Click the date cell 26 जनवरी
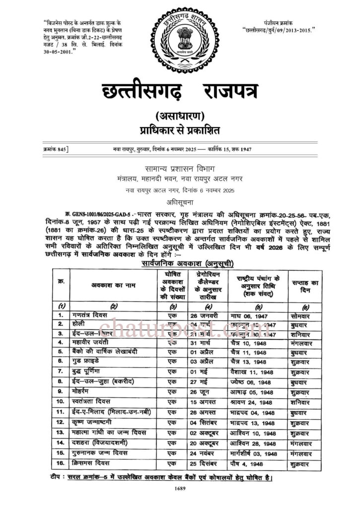pos(204,315)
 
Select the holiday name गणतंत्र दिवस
pos(93,315)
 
